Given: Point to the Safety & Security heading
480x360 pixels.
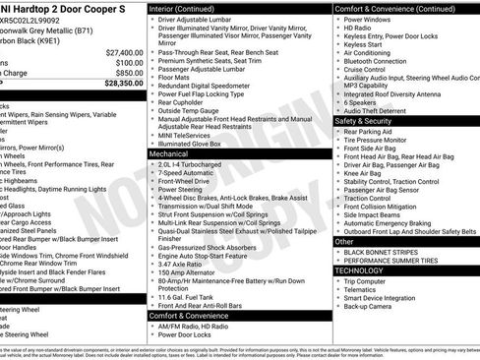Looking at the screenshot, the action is coord(364,120).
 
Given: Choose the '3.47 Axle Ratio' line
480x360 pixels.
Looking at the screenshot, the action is coord(183,266).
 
